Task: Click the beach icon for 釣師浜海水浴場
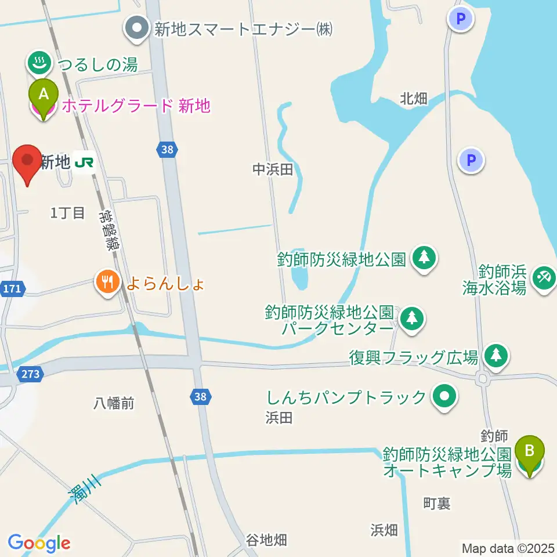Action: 544,277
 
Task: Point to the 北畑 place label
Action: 414,99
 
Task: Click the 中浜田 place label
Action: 270,169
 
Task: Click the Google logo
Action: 39,543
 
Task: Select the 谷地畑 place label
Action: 266,540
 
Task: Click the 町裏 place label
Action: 436,504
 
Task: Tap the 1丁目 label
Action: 68,213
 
